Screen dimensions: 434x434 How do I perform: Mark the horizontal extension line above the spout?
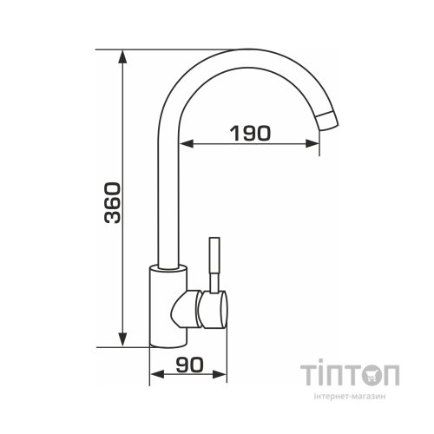174,50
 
